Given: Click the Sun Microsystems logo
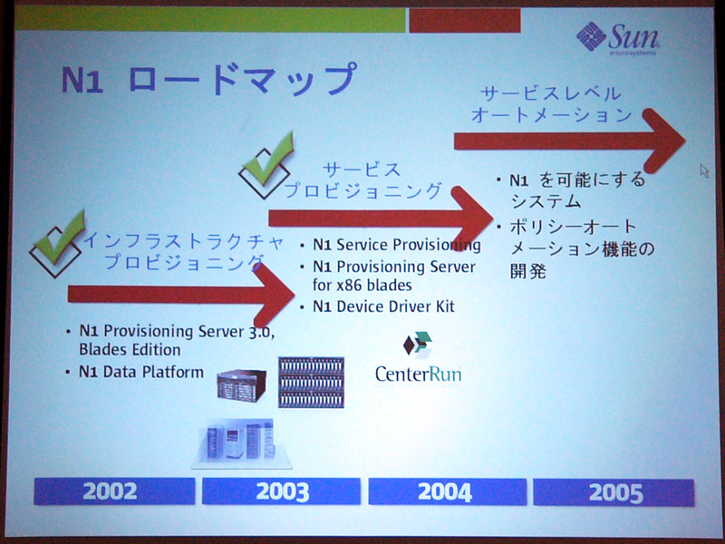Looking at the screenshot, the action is tap(618, 39).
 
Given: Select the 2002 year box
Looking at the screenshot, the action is tap(114, 491).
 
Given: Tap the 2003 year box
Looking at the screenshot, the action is tap(281, 491).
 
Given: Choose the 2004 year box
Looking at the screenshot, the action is tap(447, 491).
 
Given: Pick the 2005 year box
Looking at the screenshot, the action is tap(614, 492).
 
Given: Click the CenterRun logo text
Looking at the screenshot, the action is tap(419, 374).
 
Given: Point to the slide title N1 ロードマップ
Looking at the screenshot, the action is tap(209, 79).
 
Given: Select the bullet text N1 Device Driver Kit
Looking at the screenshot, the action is tap(383, 306).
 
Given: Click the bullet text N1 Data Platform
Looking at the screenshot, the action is tap(141, 372).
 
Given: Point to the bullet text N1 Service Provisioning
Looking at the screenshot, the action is tap(397, 244).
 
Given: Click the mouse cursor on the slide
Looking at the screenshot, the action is tap(704, 170).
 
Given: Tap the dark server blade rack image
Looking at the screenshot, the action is tap(311, 382).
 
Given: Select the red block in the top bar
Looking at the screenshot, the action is tap(465, 21).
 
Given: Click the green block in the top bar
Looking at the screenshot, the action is tap(210, 19).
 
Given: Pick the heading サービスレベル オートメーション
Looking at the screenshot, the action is tap(551, 104).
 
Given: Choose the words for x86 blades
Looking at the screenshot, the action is tap(362, 285).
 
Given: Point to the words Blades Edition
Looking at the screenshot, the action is tap(130, 350).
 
